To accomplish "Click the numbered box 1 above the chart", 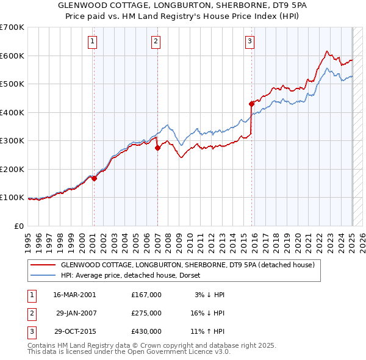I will coord(91,41).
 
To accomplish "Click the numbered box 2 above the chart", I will coord(156,41).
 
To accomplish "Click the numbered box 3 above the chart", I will coord(249,41).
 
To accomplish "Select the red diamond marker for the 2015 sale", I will coord(251,104).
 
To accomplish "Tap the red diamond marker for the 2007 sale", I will coord(157,148).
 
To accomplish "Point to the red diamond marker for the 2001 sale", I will coord(94,178).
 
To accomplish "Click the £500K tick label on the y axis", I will coord(12,84).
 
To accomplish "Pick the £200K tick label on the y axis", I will coord(12,169).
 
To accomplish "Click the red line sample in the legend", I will coord(42,265).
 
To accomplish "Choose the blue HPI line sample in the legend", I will coord(42,275).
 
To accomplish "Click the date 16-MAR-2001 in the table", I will coord(74,294).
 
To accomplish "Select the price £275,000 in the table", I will coord(146,312).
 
